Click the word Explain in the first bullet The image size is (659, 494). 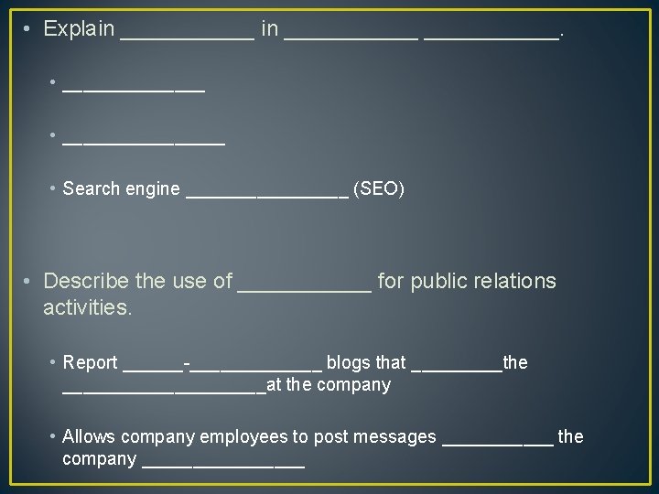(x=79, y=29)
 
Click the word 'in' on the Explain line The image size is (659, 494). (x=270, y=29)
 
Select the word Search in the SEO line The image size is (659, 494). (x=92, y=189)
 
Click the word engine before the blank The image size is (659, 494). (x=153, y=189)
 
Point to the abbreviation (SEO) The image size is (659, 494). (x=378, y=189)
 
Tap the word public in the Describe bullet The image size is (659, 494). (x=438, y=281)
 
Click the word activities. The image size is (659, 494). (x=88, y=307)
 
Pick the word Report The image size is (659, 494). (x=90, y=363)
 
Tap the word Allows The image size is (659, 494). (x=88, y=437)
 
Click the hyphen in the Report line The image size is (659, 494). (x=187, y=364)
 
